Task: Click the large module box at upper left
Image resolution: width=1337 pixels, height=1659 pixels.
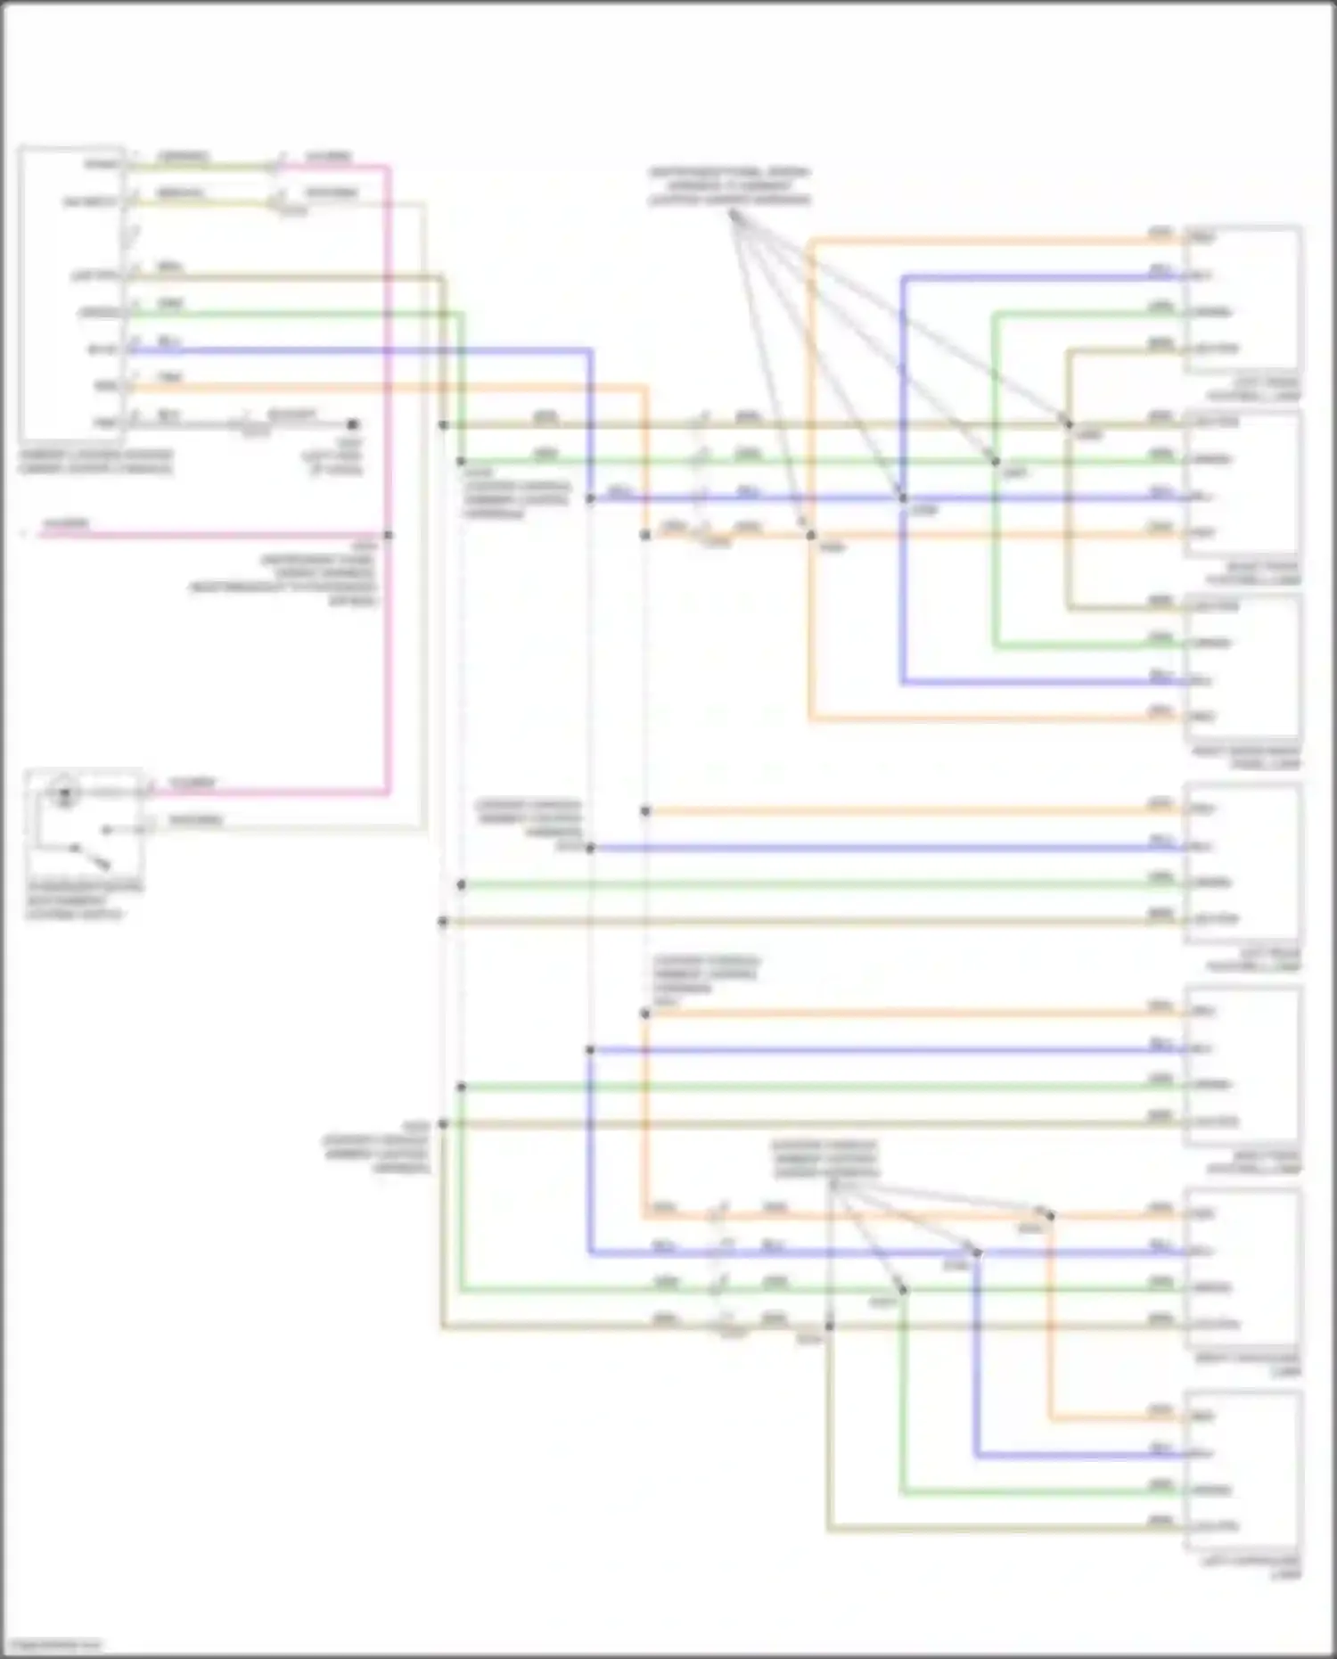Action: point(71,294)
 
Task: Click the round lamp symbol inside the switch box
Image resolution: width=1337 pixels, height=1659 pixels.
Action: point(63,793)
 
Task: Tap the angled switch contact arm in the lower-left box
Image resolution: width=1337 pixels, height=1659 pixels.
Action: point(91,857)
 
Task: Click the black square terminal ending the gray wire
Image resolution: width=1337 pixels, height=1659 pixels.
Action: point(353,425)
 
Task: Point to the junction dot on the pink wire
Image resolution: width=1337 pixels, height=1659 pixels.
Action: point(389,535)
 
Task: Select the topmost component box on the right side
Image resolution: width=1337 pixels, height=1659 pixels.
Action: point(1243,299)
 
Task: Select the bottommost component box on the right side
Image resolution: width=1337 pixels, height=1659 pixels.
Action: point(1243,1471)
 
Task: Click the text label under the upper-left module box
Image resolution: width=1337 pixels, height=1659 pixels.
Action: point(95,462)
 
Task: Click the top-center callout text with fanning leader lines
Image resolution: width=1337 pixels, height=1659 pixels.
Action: point(729,186)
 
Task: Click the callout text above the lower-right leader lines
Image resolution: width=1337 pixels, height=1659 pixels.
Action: point(824,1159)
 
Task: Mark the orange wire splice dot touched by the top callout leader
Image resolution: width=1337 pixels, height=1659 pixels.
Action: point(810,535)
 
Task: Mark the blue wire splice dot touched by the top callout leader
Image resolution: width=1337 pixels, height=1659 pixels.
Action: point(902,498)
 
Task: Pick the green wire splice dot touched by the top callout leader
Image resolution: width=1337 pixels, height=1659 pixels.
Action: point(996,461)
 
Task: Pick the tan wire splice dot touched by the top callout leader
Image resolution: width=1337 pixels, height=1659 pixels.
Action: point(1068,423)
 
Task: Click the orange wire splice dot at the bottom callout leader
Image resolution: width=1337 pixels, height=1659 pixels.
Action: point(1050,1215)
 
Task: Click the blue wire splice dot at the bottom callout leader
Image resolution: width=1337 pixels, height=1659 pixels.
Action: point(977,1252)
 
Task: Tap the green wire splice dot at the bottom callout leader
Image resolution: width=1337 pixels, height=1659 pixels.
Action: point(903,1289)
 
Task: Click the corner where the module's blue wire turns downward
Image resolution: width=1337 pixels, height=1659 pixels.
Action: point(590,351)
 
